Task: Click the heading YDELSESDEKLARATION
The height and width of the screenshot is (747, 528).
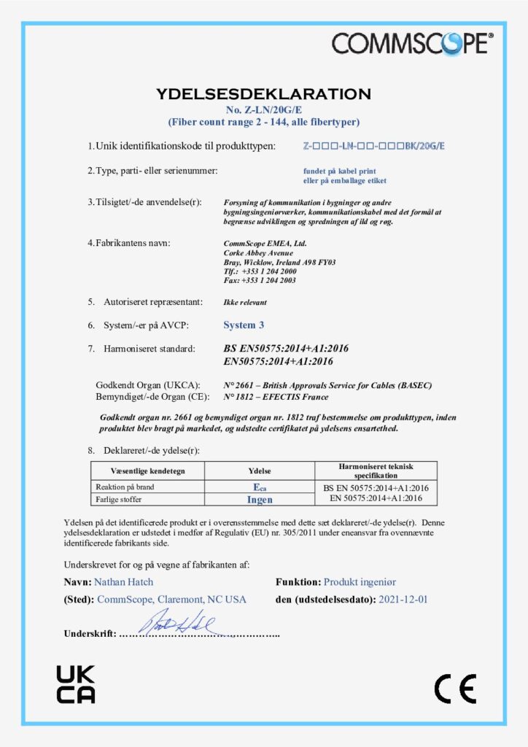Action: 263,94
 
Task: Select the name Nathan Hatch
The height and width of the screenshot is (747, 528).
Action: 124,582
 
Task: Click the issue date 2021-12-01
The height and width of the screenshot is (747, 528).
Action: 403,600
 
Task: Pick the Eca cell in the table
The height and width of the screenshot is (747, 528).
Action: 260,487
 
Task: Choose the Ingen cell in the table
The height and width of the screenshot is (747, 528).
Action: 260,500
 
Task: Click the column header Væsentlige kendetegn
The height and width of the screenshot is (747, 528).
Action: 147,471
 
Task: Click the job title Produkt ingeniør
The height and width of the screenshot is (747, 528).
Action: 360,582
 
